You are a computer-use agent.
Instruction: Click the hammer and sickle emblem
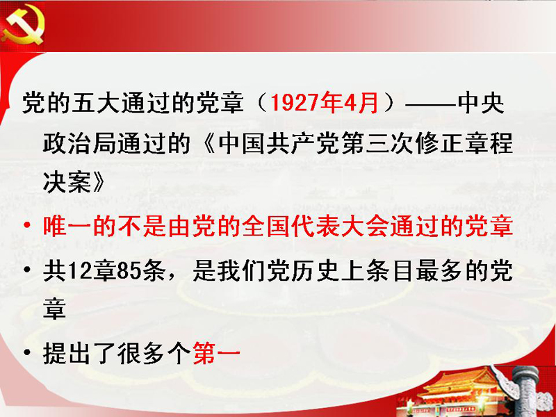coord(22,26)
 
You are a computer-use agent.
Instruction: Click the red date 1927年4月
coord(324,103)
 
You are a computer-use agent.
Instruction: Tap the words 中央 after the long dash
coord(480,103)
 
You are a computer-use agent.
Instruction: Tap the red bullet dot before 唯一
coord(27,225)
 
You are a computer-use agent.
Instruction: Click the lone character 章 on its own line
coord(55,309)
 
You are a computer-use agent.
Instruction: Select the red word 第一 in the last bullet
coord(217,353)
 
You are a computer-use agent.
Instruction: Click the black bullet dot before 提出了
coord(27,353)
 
